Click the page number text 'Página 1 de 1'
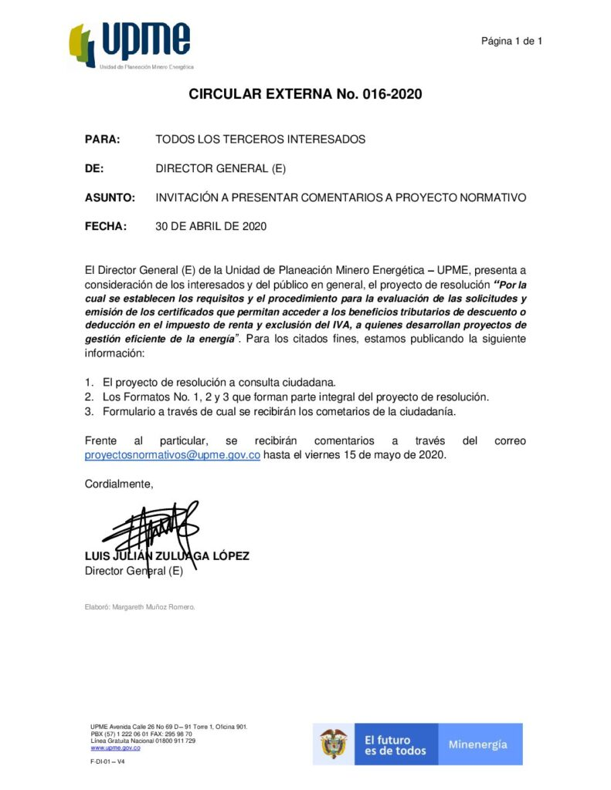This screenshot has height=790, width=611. [x=511, y=41]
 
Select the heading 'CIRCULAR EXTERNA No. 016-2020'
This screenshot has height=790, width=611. [x=305, y=95]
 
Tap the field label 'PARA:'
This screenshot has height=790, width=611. [x=102, y=140]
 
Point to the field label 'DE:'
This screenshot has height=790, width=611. [x=94, y=169]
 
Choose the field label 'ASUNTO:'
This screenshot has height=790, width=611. [x=110, y=197]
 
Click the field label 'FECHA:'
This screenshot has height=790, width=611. [x=104, y=227]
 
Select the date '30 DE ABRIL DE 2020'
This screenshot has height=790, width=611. [x=211, y=227]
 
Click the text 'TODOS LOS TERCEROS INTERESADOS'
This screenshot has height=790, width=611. [x=260, y=140]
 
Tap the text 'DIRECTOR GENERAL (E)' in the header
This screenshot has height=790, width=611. [x=221, y=169]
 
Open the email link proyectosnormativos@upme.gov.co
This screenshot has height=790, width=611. [x=172, y=455]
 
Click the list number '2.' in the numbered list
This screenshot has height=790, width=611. [x=89, y=397]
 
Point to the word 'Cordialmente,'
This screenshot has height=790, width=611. [x=119, y=484]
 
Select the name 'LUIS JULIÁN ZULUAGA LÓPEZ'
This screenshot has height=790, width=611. [x=167, y=556]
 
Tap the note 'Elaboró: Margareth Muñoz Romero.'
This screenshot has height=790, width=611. [x=140, y=606]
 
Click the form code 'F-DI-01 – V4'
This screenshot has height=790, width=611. [x=107, y=761]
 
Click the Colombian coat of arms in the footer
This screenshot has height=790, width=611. [x=334, y=744]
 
